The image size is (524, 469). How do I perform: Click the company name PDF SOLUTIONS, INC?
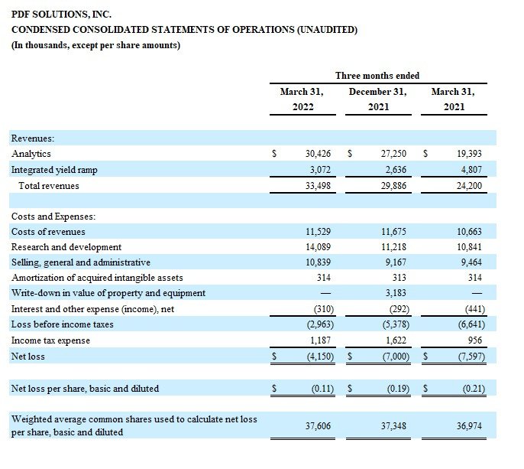[61, 15]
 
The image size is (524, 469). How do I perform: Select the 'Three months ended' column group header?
[377, 76]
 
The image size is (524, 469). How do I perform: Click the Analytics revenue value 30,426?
[318, 154]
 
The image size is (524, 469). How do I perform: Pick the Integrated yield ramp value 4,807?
[471, 170]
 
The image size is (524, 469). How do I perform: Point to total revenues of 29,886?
[393, 186]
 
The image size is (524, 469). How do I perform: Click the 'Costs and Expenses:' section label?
[53, 217]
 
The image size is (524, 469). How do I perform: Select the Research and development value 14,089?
[318, 247]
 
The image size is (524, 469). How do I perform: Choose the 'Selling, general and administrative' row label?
[81, 262]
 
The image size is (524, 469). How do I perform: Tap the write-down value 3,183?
[396, 293]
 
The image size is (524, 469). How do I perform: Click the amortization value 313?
[399, 278]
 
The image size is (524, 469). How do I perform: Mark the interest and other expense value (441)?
[474, 309]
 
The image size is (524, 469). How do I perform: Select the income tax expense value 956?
[475, 340]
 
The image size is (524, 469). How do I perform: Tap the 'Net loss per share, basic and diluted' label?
[85, 389]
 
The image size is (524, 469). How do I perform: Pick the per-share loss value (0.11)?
[322, 389]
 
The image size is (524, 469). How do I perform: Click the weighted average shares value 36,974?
[469, 426]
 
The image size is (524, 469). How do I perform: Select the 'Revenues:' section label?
[33, 138]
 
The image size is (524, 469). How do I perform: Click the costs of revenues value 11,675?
[393, 232]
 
